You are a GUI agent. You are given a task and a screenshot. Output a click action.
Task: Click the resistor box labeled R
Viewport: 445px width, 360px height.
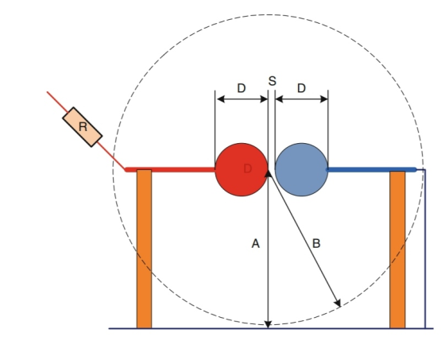point(83,127)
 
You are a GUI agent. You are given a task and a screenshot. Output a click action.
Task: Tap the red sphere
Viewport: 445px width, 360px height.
point(242,169)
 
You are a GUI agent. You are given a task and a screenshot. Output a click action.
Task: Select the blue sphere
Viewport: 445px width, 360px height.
point(301,169)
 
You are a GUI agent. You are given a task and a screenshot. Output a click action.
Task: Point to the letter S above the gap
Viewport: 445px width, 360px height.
point(272,81)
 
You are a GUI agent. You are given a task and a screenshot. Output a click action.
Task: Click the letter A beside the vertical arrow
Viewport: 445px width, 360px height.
point(255,244)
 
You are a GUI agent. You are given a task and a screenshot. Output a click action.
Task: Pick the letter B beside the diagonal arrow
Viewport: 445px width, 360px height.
point(316,244)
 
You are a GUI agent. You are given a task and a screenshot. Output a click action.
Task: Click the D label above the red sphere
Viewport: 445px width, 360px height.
point(242,88)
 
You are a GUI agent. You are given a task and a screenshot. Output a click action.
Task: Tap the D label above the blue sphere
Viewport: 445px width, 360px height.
point(301,88)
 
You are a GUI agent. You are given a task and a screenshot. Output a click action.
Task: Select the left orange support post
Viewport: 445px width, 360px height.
point(144,249)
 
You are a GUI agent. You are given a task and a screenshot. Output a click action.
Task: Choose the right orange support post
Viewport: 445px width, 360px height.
point(397,250)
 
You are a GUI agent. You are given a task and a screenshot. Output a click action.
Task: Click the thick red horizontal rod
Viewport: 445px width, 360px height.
point(170,170)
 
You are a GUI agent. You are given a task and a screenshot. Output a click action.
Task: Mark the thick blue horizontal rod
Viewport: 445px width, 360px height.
point(372,170)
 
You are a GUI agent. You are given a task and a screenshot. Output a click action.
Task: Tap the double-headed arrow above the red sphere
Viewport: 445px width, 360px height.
point(242,99)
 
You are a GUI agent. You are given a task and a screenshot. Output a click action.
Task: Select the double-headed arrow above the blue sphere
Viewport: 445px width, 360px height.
point(302,99)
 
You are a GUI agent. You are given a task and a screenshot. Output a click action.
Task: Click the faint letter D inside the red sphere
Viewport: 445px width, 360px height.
point(247,168)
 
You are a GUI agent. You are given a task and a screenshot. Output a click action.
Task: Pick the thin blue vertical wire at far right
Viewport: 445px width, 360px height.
point(425,249)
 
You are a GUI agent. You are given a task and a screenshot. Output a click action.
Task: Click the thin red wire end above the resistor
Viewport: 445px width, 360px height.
point(48,91)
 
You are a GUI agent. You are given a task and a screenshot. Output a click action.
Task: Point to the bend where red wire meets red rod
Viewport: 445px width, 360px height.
point(126,170)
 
